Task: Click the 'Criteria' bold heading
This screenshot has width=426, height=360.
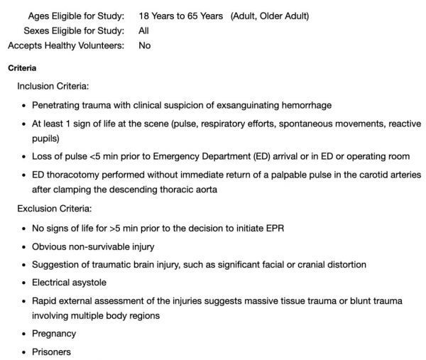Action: (21, 68)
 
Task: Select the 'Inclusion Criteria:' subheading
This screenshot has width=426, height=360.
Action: (53, 86)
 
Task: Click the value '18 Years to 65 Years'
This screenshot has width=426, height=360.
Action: (181, 15)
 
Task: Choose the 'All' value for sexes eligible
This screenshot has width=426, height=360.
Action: (144, 31)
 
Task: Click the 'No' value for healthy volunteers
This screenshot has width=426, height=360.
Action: (145, 46)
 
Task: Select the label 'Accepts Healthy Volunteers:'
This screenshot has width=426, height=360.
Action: (66, 46)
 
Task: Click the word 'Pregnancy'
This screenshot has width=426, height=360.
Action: (54, 334)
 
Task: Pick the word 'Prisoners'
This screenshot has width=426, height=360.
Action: (52, 351)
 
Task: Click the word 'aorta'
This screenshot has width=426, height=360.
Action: (203, 190)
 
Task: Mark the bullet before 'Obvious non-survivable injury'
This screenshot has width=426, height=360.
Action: (23, 247)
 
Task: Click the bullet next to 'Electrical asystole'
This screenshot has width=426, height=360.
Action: (23, 283)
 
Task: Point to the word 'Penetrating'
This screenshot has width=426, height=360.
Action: (58, 105)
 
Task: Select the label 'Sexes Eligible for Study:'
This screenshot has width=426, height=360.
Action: (74, 31)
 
